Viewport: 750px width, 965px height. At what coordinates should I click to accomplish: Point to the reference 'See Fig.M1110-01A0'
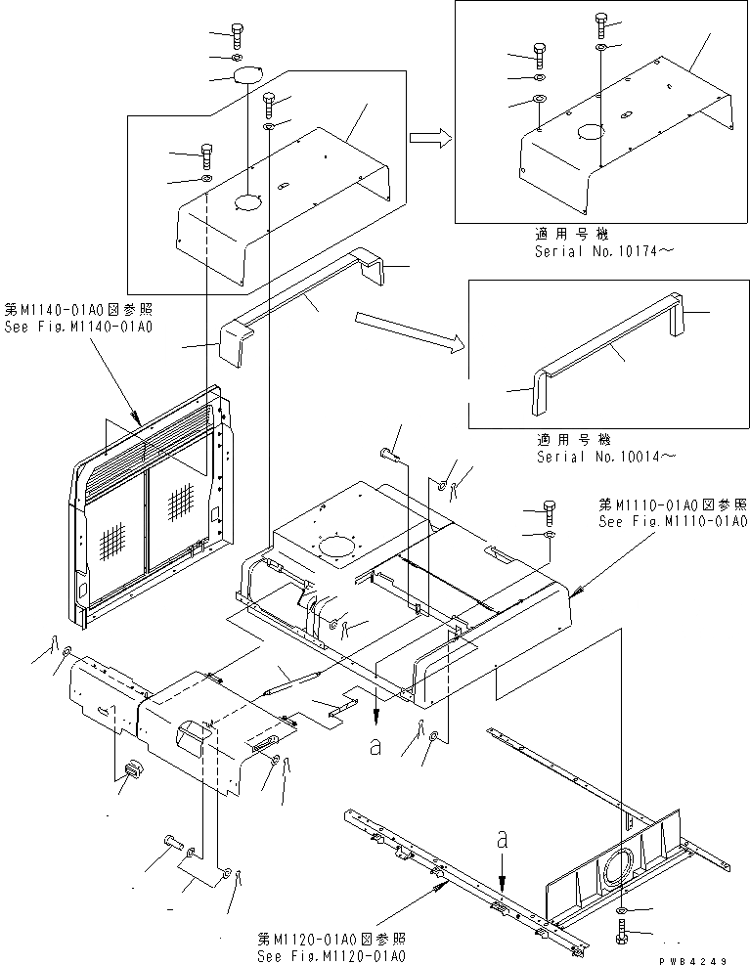(673, 522)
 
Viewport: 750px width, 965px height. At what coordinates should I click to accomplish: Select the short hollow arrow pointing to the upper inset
(429, 139)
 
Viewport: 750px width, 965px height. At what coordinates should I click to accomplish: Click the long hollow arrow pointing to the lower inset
(405, 329)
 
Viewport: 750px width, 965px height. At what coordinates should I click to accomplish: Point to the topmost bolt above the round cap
(239, 36)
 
